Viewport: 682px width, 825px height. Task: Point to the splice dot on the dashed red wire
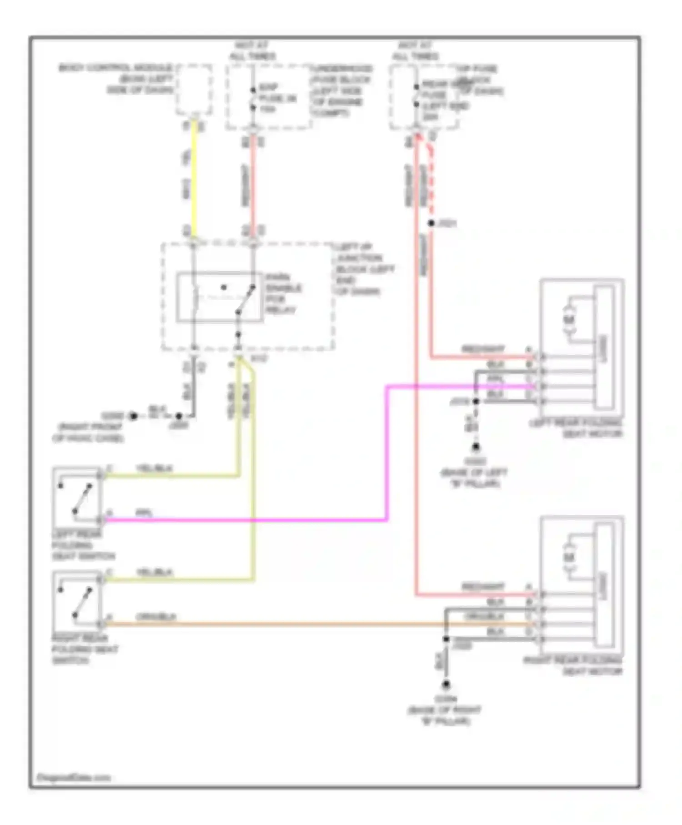431,223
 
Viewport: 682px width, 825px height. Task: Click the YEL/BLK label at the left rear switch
154,468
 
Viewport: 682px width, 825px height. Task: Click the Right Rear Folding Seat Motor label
572,666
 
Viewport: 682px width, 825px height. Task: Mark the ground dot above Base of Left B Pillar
476,448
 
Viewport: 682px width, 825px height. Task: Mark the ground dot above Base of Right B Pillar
446,685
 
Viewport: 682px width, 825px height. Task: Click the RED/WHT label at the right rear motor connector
483,587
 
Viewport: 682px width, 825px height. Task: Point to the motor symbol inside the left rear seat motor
569,320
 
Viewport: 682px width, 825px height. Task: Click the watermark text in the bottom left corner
74,777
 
